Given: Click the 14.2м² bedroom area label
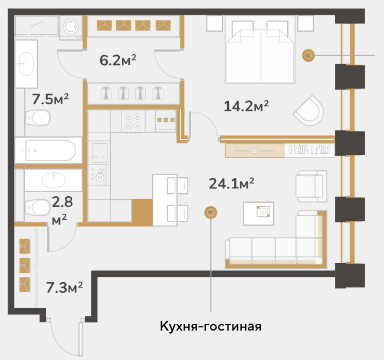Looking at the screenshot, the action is (246, 106).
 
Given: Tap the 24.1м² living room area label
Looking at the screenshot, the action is (231, 183).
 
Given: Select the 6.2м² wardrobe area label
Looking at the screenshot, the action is (118, 60).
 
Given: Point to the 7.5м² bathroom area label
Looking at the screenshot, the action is (51, 99).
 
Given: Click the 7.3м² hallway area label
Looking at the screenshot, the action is (64, 288).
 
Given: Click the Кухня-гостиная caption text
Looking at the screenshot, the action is (211, 326).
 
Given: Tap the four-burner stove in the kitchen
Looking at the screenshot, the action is (133, 121).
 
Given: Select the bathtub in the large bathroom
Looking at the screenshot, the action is (48, 150).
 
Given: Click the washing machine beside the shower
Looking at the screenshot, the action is (71, 27).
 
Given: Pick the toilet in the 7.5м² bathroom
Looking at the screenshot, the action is (38, 118).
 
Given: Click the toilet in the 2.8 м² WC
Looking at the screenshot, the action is (38, 207).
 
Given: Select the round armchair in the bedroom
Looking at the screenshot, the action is (309, 111).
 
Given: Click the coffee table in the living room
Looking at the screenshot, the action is (258, 213).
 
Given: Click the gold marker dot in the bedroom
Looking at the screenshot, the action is (308, 55).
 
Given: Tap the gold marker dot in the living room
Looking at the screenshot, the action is (211, 213).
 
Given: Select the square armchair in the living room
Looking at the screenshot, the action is (311, 186).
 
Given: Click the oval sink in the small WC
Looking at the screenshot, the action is (54, 180).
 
